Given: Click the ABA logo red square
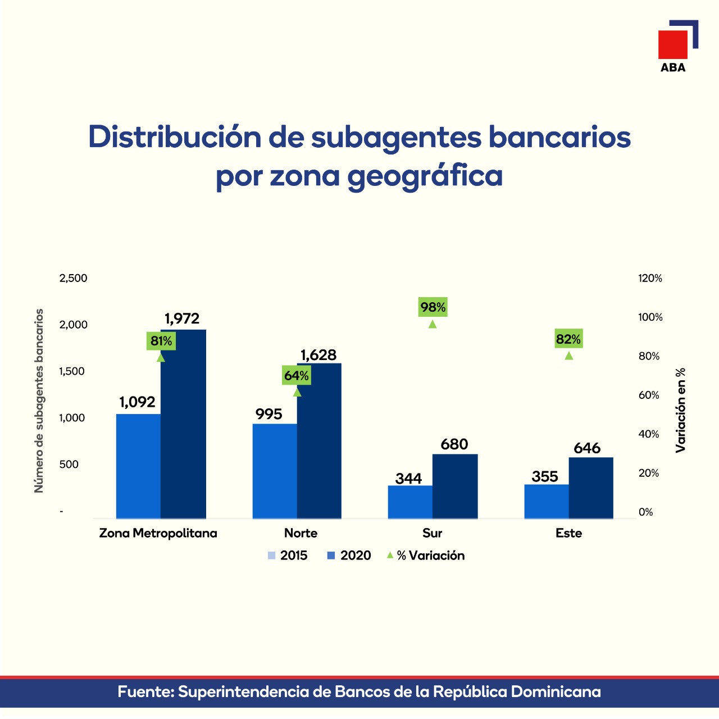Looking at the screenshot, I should (x=672, y=44).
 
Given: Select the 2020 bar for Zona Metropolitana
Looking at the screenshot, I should (x=183, y=424).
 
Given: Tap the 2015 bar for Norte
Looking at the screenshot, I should (x=275, y=471).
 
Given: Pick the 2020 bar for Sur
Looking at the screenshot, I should (x=455, y=486).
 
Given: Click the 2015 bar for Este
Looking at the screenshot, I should (x=546, y=501).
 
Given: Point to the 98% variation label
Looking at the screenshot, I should (x=433, y=307).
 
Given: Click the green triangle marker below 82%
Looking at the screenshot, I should (x=568, y=356).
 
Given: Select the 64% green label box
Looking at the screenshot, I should (x=296, y=376).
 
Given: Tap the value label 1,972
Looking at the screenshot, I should (x=182, y=319).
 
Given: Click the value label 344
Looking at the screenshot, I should (x=408, y=479).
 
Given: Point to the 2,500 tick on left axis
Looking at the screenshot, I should (x=74, y=278).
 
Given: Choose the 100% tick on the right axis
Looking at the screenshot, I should (x=650, y=317).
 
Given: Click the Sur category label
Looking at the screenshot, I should (x=432, y=533).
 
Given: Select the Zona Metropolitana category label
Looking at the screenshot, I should (x=158, y=533).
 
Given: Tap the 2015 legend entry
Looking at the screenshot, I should (x=288, y=556).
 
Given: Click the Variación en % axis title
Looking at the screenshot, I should (x=681, y=410).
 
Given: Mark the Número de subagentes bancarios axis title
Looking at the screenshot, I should (x=39, y=401).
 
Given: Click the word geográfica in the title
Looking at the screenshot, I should (x=425, y=176).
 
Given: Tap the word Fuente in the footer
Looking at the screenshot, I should (x=145, y=691).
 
